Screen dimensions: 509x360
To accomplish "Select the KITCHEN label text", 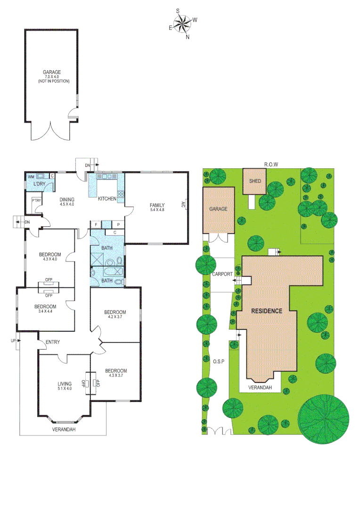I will pos(107,199).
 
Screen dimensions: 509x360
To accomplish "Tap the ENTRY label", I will pos(52,342).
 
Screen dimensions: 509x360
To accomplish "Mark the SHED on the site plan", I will pos(255,181).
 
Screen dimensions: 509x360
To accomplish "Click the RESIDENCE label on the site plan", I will pos(266,311).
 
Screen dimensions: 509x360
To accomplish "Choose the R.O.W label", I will pos(271,164).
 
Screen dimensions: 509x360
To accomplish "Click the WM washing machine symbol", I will pos(31,177).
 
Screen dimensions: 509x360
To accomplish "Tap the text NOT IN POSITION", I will pos(53,81).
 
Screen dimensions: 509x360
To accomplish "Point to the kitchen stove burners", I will pos(121,194).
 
